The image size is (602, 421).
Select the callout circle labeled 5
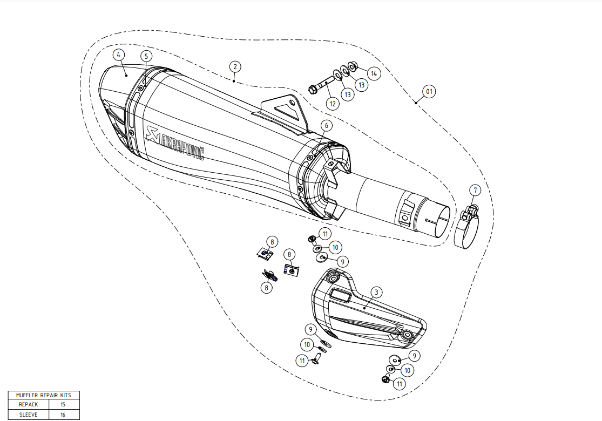click(x=146, y=56)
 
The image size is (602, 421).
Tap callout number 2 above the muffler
click(x=234, y=66)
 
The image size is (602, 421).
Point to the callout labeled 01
click(x=429, y=92)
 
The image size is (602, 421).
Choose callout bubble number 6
click(x=326, y=125)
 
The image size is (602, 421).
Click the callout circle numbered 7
click(x=475, y=190)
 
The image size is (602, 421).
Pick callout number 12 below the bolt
click(x=333, y=103)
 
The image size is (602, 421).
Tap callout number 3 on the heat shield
click(x=377, y=292)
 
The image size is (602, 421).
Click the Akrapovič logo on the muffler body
click(x=175, y=143)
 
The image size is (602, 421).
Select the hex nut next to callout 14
click(x=353, y=66)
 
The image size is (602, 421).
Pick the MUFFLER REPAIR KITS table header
click(x=44, y=395)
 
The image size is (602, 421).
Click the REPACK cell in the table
click(x=28, y=404)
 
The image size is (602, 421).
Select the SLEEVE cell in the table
click(x=28, y=415)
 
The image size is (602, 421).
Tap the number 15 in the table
click(x=63, y=404)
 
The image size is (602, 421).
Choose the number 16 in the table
click(x=63, y=415)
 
